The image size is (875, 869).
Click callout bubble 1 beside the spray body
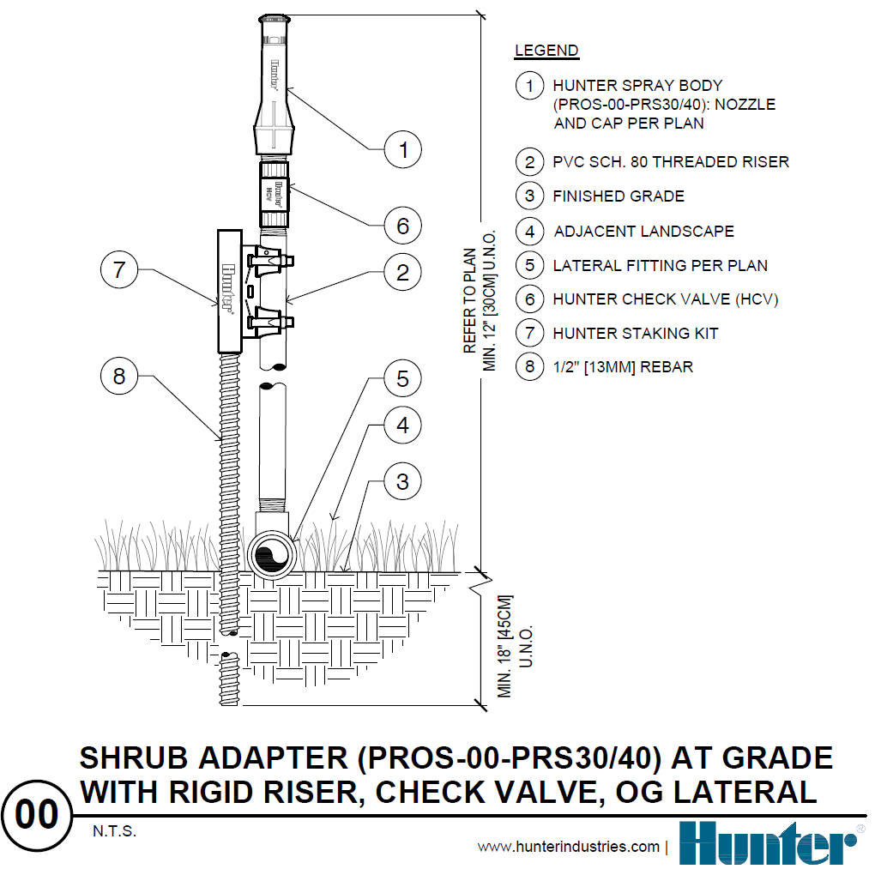403,149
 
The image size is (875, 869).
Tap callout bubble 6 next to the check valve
403,226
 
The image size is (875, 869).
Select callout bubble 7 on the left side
119,269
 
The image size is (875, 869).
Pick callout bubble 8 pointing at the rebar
119,376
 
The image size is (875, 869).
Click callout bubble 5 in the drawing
403,378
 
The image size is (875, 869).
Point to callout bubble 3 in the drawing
403,481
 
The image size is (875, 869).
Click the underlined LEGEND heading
546,51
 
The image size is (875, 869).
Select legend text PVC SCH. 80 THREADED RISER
671,162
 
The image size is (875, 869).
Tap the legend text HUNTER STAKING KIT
635,333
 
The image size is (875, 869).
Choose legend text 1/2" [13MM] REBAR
623,366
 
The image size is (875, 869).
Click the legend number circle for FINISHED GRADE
529,196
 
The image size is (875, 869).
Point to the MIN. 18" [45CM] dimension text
504,646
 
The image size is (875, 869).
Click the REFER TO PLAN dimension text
470,300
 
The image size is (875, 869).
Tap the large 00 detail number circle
37,816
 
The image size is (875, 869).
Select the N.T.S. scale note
114,831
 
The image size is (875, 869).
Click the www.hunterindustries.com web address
569,847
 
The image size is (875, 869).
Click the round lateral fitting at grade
272,555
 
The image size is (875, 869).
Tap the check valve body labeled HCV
274,194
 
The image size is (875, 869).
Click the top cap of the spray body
275,20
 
